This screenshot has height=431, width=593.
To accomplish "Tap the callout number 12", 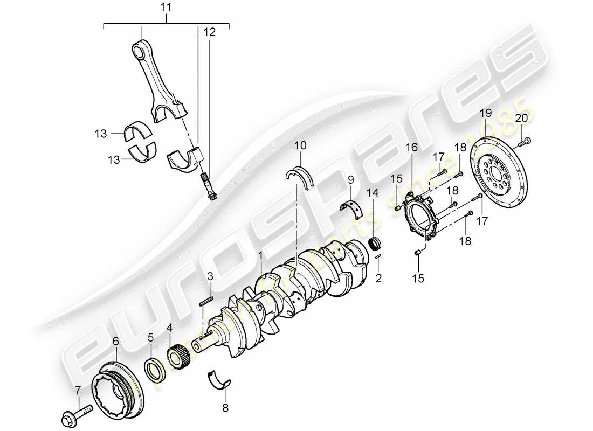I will click(x=209, y=33).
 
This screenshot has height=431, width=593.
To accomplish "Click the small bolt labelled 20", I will click(x=526, y=142).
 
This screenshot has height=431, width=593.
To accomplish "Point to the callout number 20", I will click(x=522, y=119).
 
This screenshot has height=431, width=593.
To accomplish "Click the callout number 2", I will click(x=378, y=279).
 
